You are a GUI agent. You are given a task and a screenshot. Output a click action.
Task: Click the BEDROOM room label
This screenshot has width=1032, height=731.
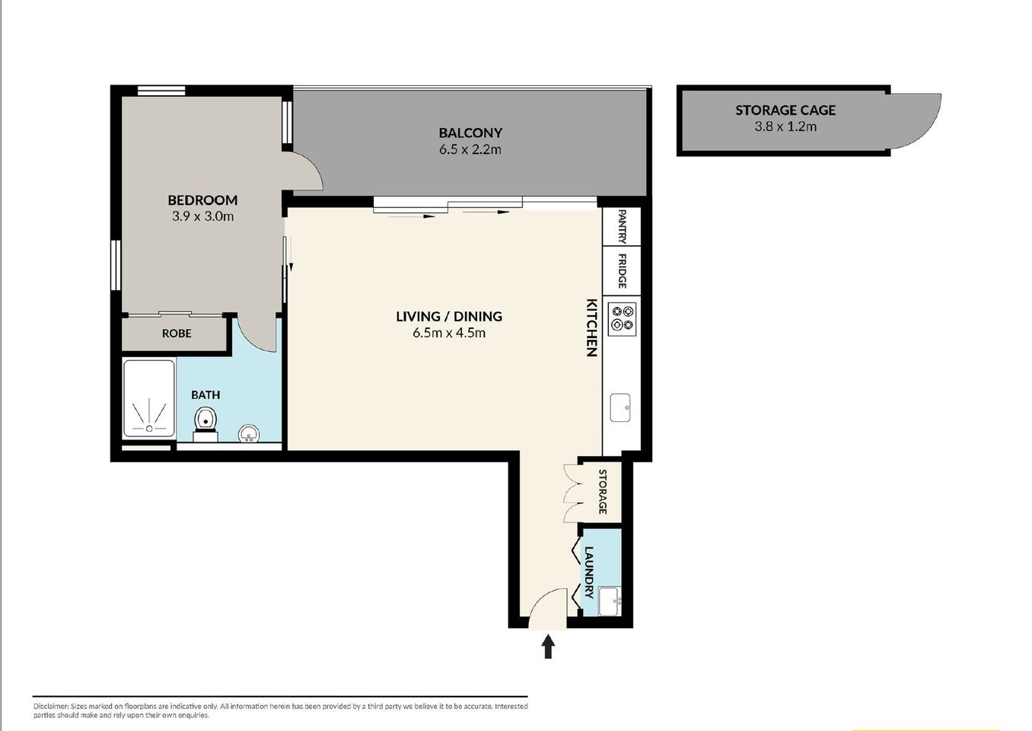point(202,200)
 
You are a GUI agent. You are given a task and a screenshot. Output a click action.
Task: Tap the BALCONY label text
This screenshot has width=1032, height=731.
point(470,133)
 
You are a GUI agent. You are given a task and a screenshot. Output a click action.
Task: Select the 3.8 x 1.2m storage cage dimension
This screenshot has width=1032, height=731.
point(785,126)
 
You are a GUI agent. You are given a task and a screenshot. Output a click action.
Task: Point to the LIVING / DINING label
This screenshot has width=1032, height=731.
point(449,316)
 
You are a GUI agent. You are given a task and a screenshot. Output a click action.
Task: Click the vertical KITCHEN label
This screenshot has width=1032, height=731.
point(591,327)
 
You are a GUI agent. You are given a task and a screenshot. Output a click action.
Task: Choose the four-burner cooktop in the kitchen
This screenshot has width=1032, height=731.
point(623,318)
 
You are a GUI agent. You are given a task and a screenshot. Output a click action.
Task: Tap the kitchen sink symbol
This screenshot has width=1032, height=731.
point(620,407)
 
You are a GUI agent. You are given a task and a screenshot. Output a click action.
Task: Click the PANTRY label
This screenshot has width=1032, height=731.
point(622,227)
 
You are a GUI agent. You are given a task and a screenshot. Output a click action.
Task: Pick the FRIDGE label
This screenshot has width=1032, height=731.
point(622,270)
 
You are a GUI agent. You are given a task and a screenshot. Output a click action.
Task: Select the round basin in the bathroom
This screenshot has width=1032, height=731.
point(248,434)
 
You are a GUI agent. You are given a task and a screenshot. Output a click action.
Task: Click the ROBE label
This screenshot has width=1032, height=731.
point(177,334)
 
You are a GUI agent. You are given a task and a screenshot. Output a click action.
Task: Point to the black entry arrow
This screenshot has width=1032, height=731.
point(548,647)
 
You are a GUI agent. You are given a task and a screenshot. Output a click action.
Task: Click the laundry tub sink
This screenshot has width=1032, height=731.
point(610,602)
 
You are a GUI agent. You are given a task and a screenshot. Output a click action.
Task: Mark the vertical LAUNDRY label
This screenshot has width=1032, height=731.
point(588,572)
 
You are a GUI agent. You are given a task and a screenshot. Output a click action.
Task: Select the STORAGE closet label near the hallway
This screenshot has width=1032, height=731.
point(603,491)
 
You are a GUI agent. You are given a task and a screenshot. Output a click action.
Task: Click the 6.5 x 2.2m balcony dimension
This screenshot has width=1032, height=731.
point(470,150)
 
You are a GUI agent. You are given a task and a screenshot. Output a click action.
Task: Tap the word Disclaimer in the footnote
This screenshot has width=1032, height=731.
point(50,707)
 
